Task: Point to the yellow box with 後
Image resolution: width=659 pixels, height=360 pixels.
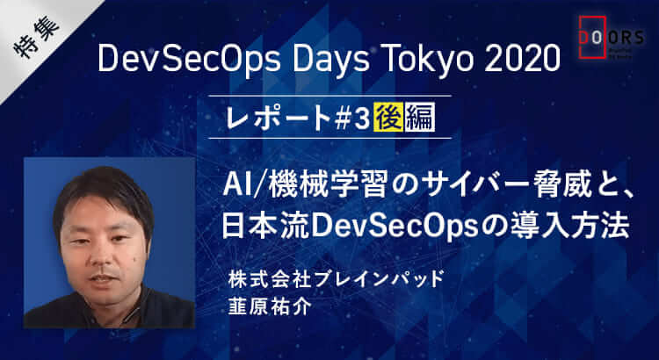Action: pos(388,117)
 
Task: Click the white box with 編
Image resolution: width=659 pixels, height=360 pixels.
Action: pos(420,117)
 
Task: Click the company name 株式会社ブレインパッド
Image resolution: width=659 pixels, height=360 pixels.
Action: pos(336,280)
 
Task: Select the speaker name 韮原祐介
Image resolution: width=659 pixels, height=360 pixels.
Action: pos(270,306)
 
